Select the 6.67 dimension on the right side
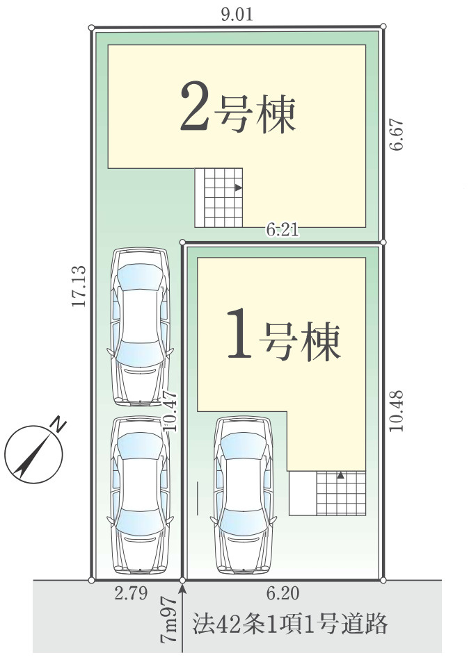point(397,135)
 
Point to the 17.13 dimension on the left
point(78,286)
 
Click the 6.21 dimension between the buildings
point(283,231)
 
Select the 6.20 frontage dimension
point(283,594)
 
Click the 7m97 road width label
point(167,620)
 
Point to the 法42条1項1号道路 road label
point(289,623)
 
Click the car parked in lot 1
point(242,495)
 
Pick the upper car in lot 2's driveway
point(141,325)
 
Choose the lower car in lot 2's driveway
point(141,495)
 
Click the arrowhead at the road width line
point(182,589)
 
